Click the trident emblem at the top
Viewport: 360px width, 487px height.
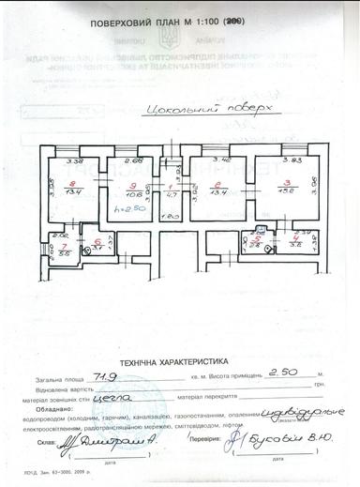(171, 39)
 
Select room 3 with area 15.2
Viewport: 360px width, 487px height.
(289, 187)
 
